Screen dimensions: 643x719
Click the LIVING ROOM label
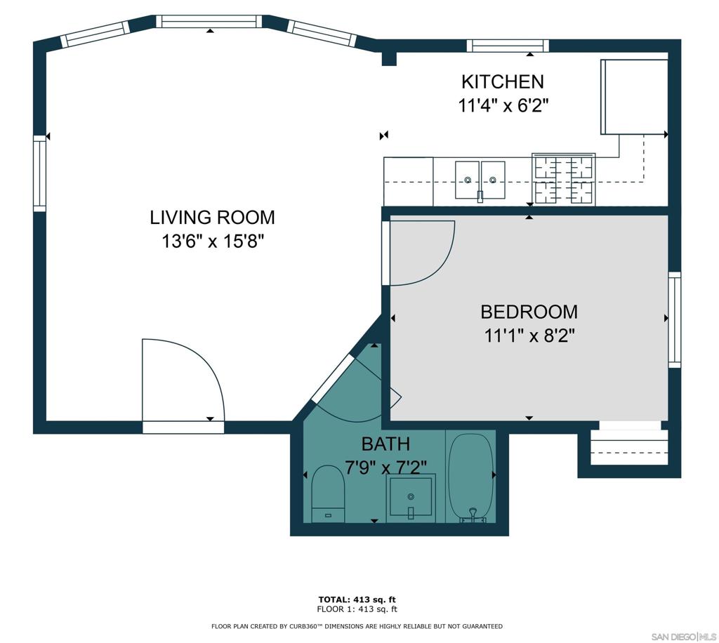click(212, 218)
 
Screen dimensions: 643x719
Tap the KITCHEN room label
click(502, 81)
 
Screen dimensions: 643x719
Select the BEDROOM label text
click(529, 312)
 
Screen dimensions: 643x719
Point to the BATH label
click(385, 444)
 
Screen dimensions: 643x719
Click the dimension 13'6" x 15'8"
click(212, 242)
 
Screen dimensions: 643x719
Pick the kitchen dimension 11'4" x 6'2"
click(503, 106)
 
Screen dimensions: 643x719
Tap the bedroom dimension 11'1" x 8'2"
click(529, 336)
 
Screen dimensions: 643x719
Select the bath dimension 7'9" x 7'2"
click(385, 466)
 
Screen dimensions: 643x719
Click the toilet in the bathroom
click(328, 494)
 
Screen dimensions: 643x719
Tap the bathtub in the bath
click(470, 477)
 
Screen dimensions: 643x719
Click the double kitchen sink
click(480, 180)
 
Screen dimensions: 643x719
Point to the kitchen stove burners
click(563, 179)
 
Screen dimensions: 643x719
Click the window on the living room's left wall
click(40, 173)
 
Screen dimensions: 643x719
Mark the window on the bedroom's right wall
click(674, 319)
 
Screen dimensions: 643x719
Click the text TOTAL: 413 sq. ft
click(357, 599)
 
